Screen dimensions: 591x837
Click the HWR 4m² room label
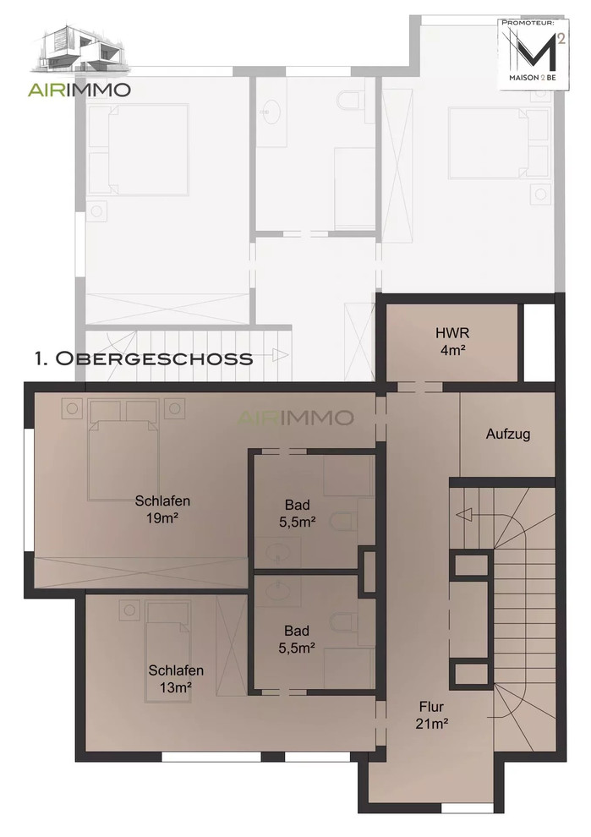coord(452,342)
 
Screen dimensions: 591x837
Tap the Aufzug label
coord(507,434)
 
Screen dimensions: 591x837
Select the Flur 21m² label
coord(431,715)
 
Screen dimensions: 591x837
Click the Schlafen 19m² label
coord(162,509)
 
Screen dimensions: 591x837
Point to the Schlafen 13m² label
coord(176,679)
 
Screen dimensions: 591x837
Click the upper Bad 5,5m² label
coord(297,513)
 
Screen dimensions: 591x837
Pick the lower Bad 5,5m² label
coord(297,639)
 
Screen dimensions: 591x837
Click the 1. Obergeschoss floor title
coord(144,358)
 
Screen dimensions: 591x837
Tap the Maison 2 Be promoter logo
coord(534,53)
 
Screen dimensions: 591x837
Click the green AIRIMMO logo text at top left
coord(79,89)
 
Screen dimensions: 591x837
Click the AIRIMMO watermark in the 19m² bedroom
coord(296,417)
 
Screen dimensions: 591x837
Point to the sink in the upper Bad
coord(276,552)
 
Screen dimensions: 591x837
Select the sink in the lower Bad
coord(276,589)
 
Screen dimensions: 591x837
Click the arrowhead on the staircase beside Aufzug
coord(463,516)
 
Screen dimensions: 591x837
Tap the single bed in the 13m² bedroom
coord(168,651)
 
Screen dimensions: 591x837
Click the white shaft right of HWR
coord(539,342)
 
